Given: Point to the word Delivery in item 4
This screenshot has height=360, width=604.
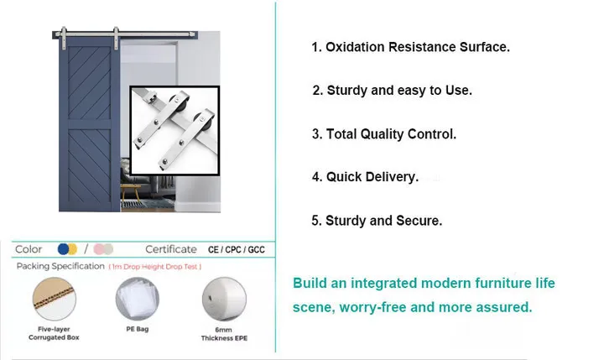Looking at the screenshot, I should point(388,177).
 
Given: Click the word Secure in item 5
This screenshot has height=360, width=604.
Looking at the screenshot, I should point(419,221).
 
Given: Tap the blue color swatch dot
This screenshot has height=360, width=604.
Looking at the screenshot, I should point(62,249).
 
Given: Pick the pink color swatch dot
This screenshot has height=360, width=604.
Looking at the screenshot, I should point(98,249).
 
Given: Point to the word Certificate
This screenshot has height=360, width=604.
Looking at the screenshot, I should point(171,249).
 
